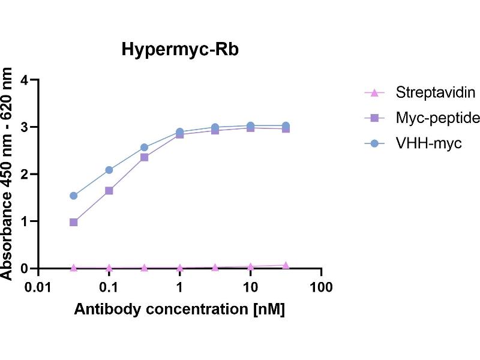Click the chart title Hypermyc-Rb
(x=180, y=49)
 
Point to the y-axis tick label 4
(x=25, y=80)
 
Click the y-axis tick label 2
(x=25, y=174)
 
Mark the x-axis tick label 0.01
(x=38, y=287)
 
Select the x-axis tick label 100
(x=322, y=287)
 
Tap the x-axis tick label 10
(x=250, y=287)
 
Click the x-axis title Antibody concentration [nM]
(x=179, y=310)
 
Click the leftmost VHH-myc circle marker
(x=74, y=196)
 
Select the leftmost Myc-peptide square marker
(x=74, y=222)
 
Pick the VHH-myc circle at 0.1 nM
(x=109, y=170)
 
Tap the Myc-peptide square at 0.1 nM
(x=109, y=191)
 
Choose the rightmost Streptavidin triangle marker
(x=286, y=265)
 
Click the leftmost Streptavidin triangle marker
(x=74, y=268)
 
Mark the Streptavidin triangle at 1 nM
(x=179, y=268)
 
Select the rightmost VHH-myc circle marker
(x=286, y=126)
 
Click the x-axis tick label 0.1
(x=109, y=287)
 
